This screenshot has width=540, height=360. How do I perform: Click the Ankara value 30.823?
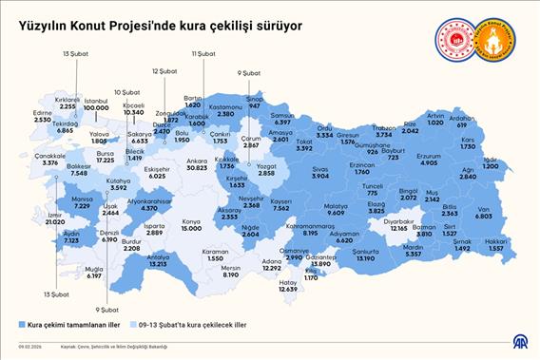click(x=198, y=167)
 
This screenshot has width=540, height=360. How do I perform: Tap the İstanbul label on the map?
click(x=96, y=100)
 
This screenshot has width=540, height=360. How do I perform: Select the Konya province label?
click(x=191, y=221)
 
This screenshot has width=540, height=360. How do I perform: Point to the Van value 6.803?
click(x=483, y=217)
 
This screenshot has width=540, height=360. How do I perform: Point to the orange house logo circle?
click(x=493, y=39)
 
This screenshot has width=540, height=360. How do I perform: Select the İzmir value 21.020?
click(x=52, y=222)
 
